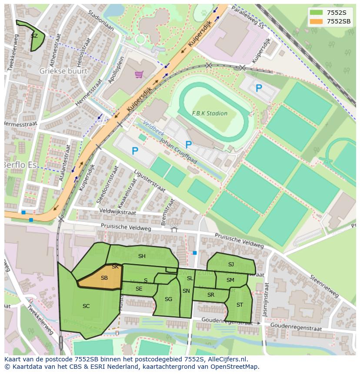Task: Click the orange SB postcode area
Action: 102,278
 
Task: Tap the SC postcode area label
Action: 86,306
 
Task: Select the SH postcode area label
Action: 142,256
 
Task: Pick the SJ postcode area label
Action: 231,265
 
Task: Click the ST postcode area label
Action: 240,305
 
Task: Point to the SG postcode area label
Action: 168,299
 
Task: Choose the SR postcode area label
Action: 211,295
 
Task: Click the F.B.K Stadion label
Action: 210,113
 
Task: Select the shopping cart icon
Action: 139,75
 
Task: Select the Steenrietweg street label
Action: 324,287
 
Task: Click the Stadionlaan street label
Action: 100,20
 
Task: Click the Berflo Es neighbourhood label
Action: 20,165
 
